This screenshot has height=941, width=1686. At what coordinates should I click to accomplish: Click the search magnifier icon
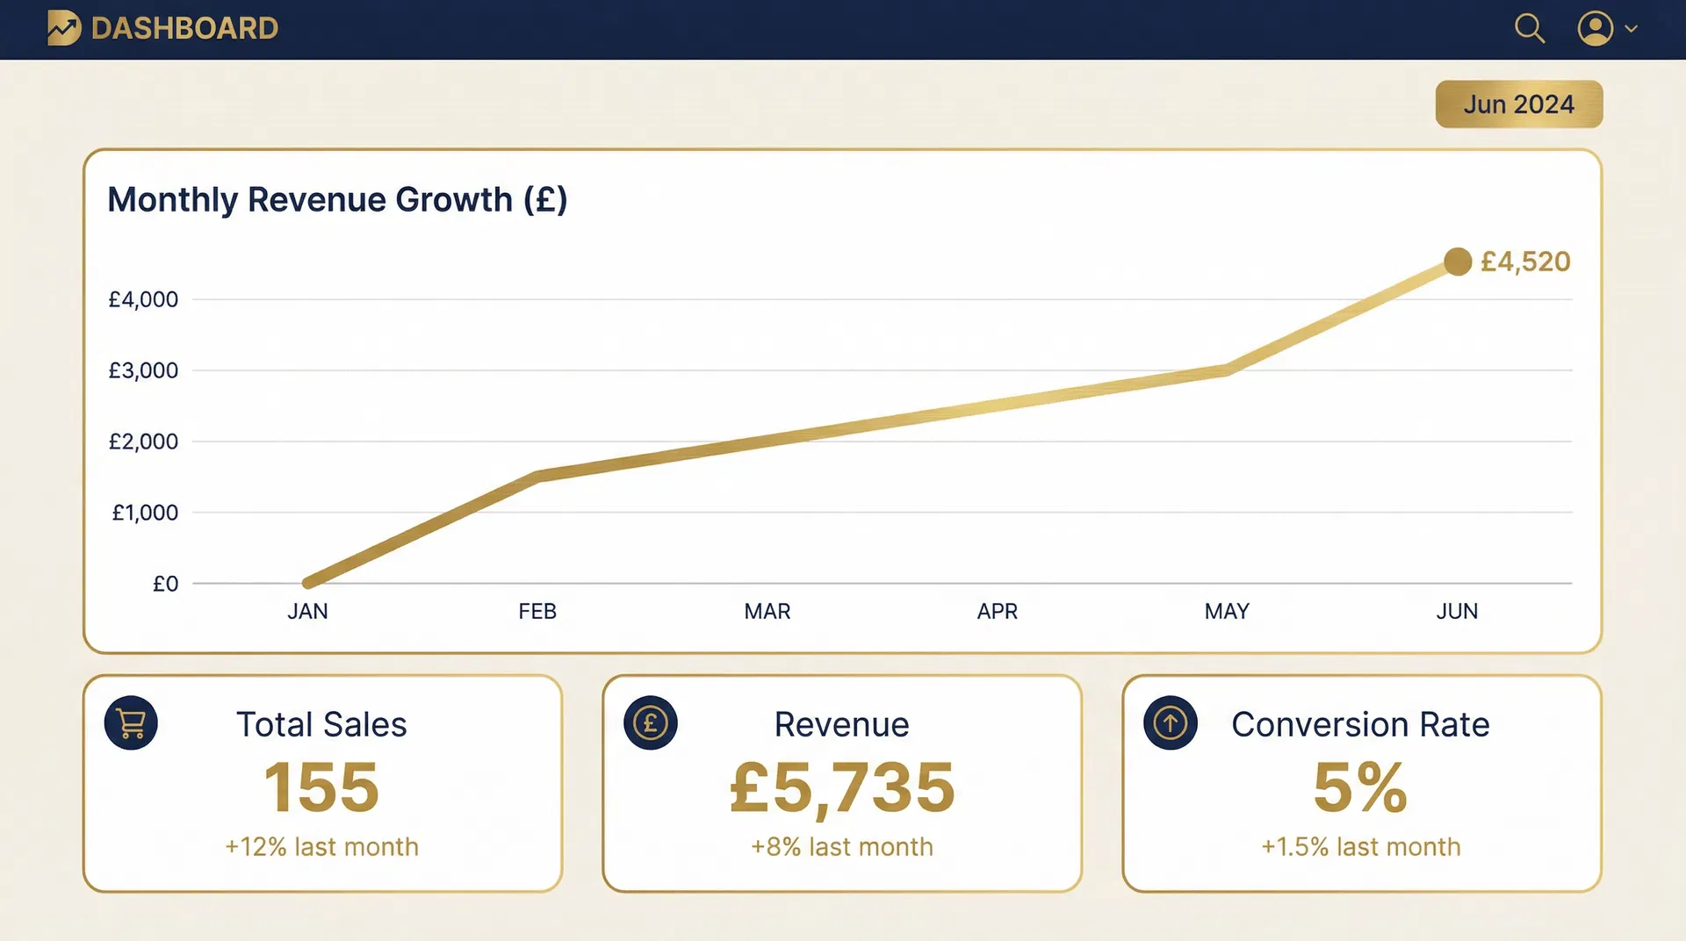coord(1529,28)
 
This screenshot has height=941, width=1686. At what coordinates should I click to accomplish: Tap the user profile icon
coord(1595,28)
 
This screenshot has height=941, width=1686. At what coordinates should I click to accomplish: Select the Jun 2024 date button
coord(1518,104)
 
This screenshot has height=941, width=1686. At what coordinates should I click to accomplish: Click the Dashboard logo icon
coord(64,28)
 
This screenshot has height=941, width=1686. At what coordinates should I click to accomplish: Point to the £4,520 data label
coord(1525,262)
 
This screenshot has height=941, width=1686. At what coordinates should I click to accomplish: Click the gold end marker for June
coord(1458,262)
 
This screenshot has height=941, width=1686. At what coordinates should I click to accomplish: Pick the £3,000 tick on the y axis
coord(143,370)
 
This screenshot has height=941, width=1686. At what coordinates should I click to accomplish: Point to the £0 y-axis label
coord(165,584)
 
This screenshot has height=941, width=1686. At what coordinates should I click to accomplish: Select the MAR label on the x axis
coord(767,611)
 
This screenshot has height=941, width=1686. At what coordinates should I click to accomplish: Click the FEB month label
coord(537,611)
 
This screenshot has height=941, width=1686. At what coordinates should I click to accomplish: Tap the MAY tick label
coord(1227,611)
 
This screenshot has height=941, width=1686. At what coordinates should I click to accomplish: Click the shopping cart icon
coord(131,723)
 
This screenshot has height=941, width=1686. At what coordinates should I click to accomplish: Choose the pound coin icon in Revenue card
coord(651,723)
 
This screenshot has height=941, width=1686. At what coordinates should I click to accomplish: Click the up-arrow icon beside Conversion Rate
coord(1171,723)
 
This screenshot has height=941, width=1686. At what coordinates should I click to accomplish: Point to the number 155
coord(321,787)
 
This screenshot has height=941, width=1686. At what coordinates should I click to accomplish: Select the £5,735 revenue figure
coord(842,787)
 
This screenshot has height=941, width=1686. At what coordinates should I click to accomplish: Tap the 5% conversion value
coord(1360,787)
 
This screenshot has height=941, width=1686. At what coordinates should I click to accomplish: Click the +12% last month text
coord(321,847)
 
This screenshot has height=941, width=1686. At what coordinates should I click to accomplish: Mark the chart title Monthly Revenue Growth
coord(337,199)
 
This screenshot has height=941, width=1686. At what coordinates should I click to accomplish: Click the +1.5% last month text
coord(1361,847)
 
